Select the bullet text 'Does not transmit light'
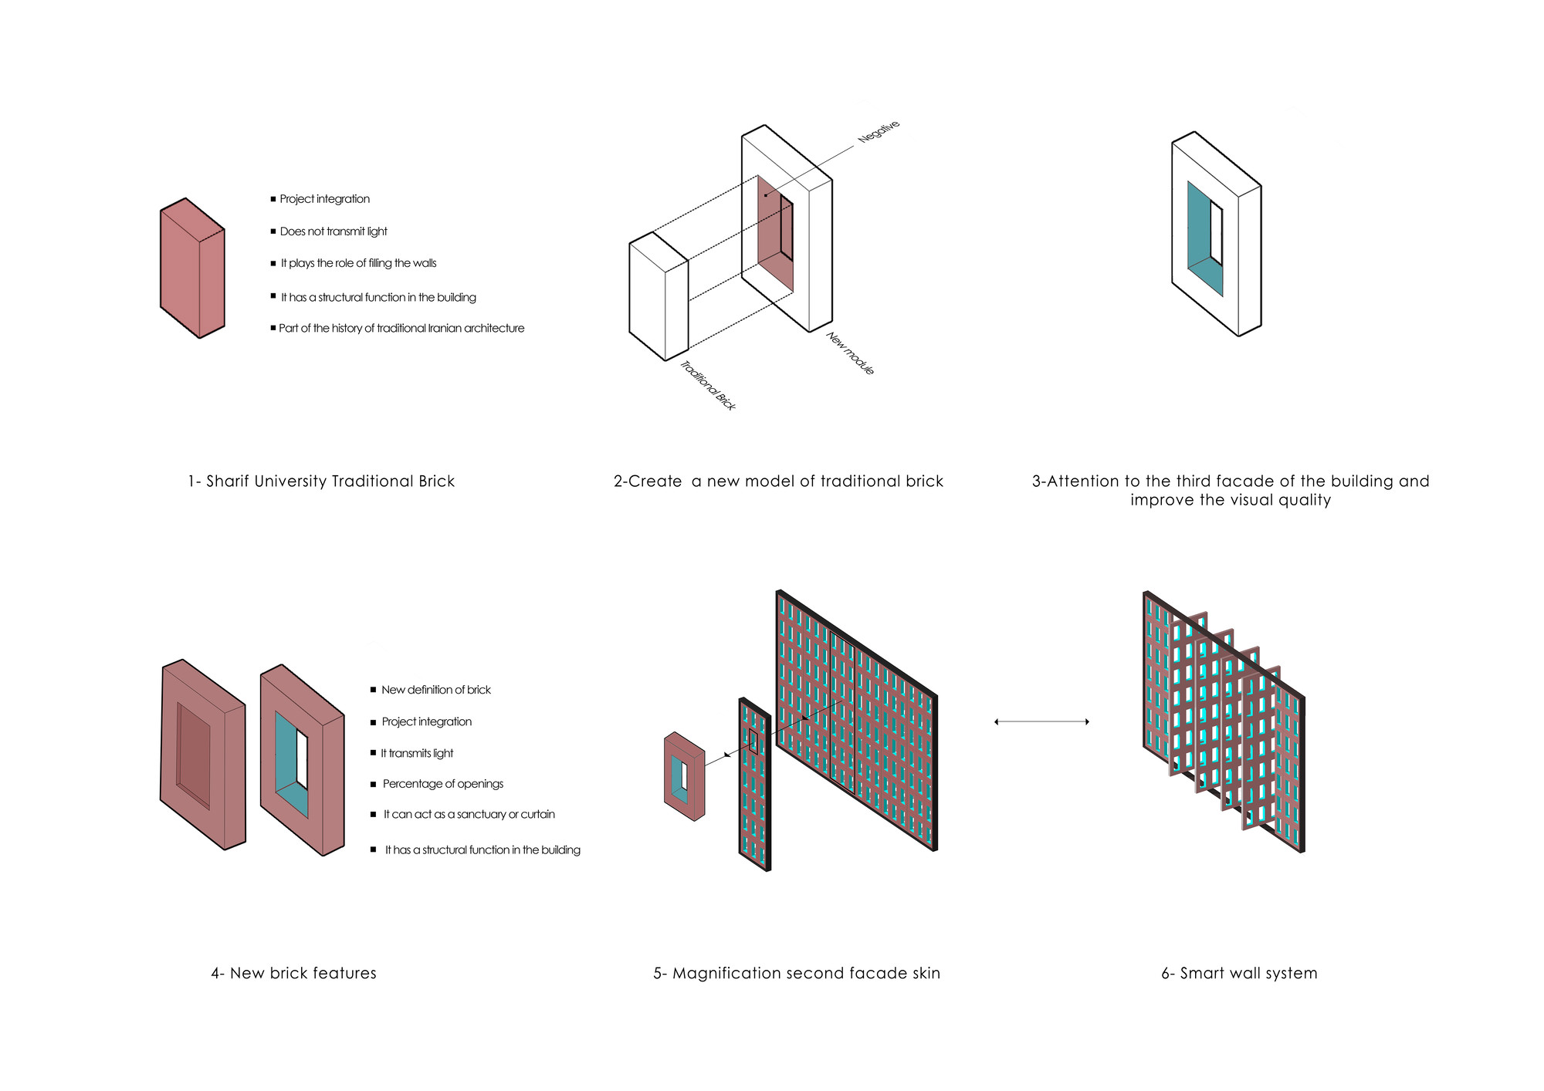[334, 231]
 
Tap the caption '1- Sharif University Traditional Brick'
[321, 481]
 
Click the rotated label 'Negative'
[879, 131]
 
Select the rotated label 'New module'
[850, 353]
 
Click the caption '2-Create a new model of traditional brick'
[778, 481]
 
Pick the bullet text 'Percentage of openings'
[442, 784]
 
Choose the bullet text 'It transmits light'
[417, 753]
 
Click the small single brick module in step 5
[684, 775]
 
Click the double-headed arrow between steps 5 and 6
[1041, 722]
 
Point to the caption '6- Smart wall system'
[1239, 974]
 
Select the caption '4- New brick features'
[293, 974]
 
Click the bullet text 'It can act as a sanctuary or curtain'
[469, 815]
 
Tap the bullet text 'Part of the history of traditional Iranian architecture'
[401, 329]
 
